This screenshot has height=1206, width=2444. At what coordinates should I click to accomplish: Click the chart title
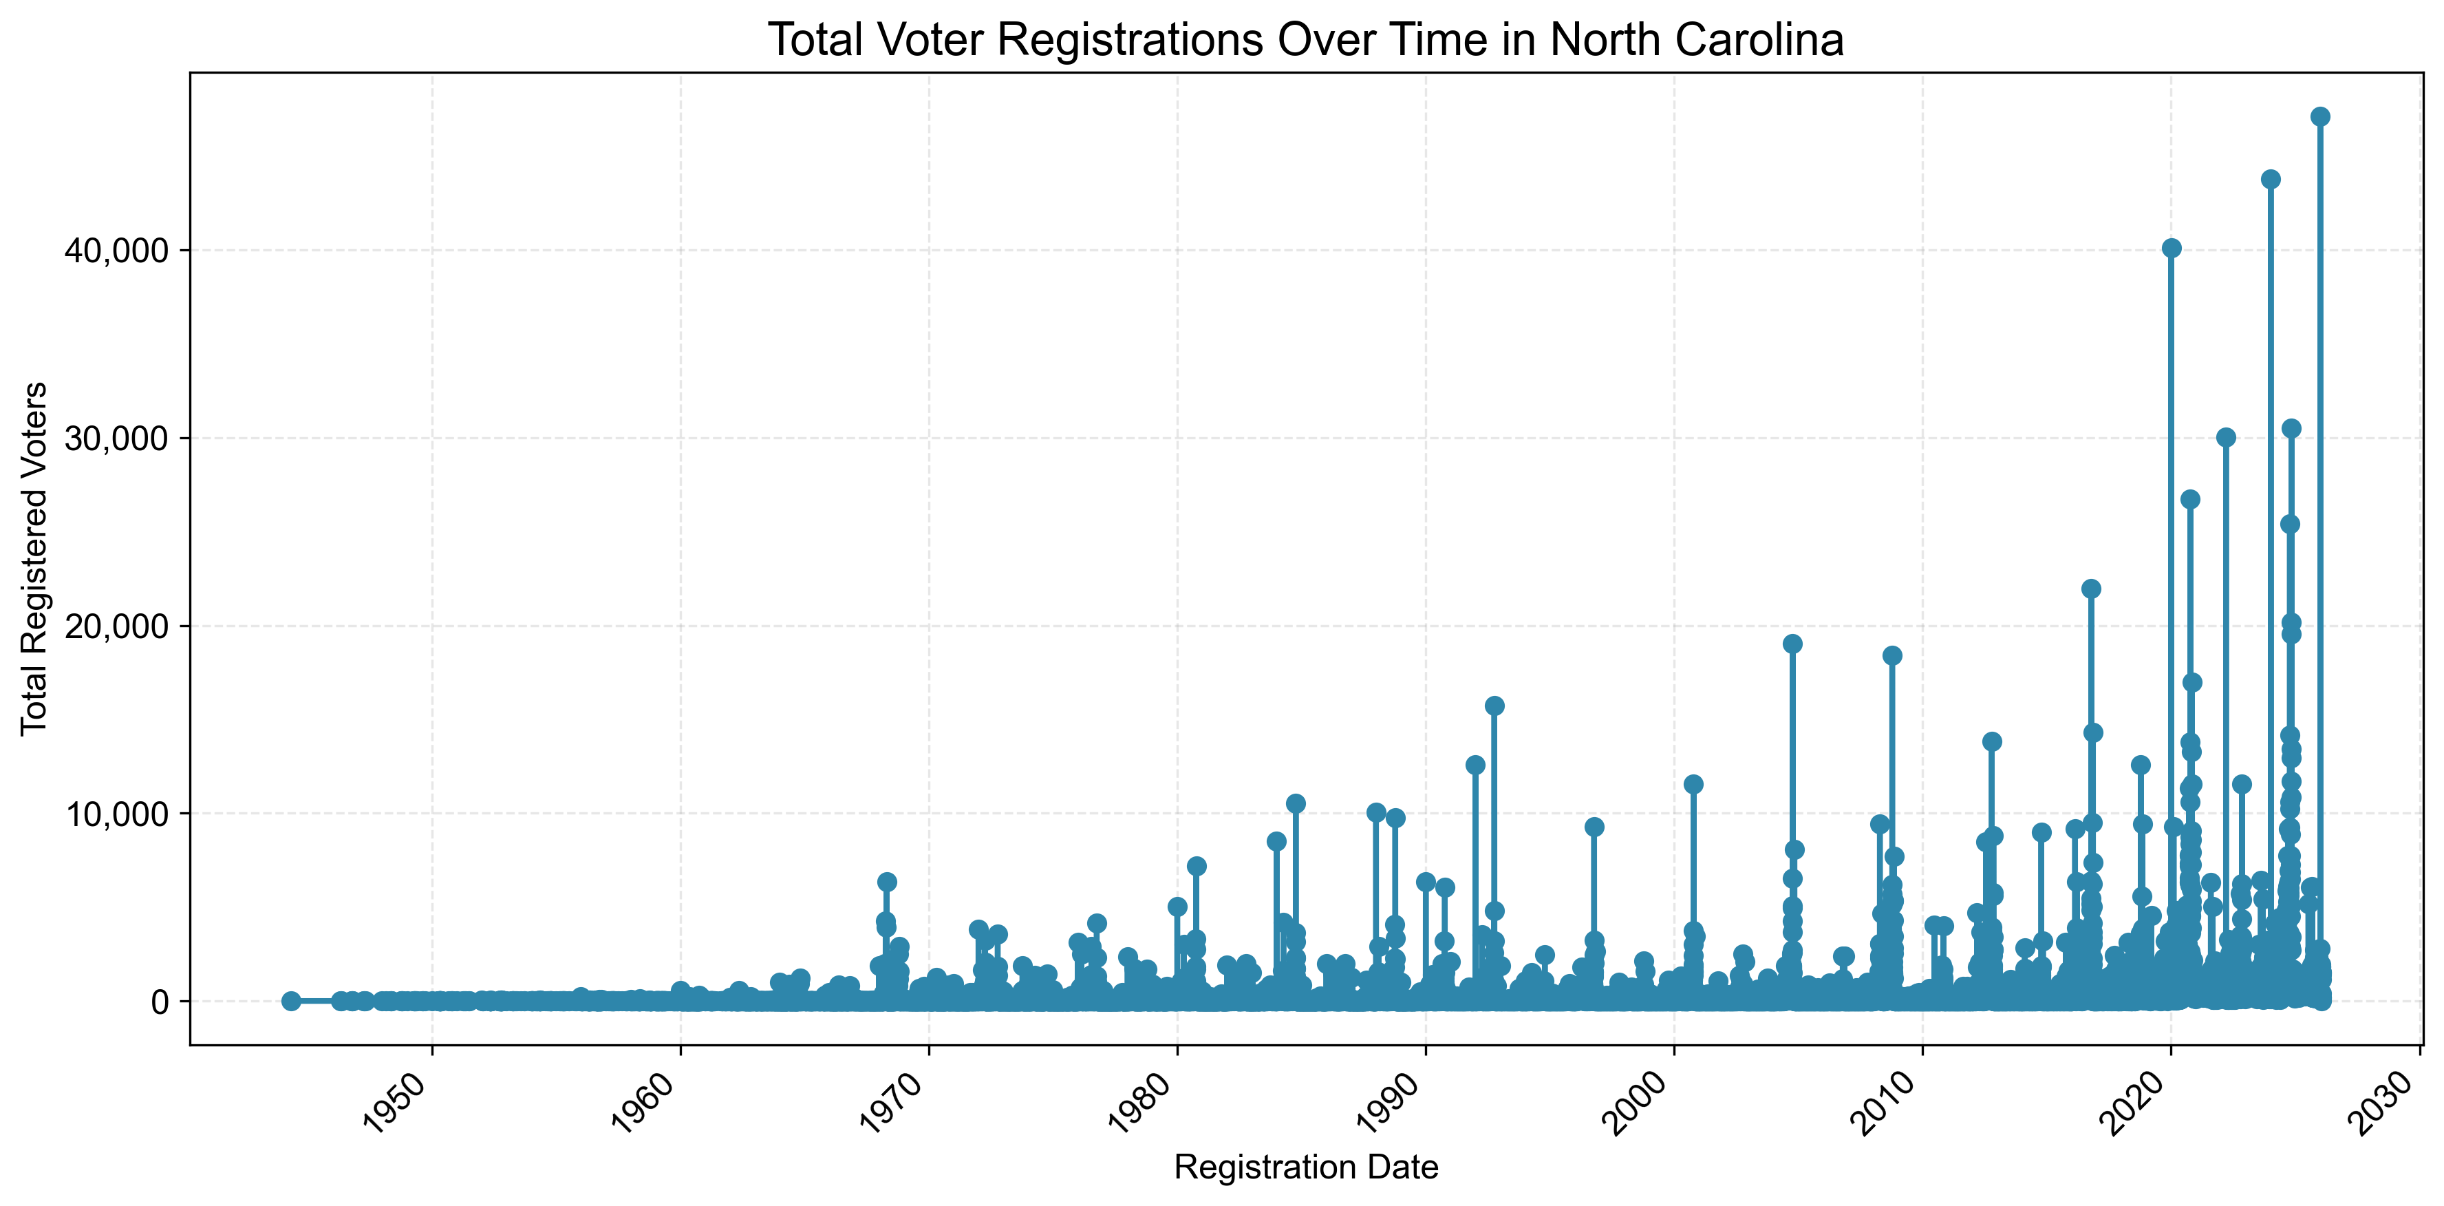pyautogui.click(x=1305, y=40)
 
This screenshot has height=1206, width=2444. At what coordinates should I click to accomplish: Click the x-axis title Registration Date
pyautogui.click(x=1305, y=1166)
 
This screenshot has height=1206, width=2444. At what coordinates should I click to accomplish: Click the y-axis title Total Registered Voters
pyautogui.click(x=34, y=558)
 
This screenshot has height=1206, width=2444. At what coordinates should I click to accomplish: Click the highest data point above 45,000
pyautogui.click(x=2319, y=117)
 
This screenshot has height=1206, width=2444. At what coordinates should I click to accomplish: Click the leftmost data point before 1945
pyautogui.click(x=291, y=1001)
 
